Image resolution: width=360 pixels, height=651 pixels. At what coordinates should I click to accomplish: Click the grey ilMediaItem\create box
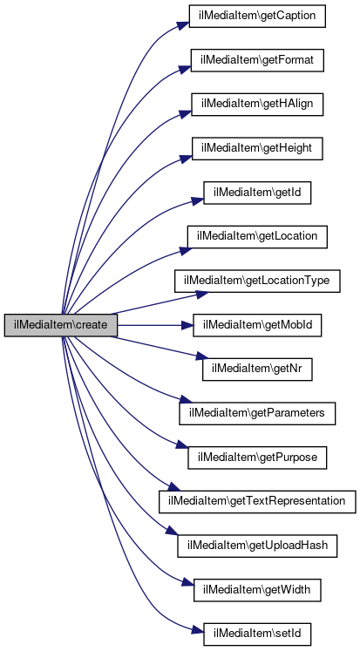tap(61, 325)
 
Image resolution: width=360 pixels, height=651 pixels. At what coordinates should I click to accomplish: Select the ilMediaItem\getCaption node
tap(257, 17)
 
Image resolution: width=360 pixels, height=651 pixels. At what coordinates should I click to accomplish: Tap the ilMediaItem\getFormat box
tap(257, 60)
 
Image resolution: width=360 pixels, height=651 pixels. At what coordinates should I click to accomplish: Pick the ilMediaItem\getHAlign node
tap(257, 105)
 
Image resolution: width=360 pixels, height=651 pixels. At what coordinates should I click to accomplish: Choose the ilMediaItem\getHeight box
tap(257, 148)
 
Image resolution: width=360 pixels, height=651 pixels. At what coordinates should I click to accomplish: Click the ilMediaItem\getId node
tap(257, 193)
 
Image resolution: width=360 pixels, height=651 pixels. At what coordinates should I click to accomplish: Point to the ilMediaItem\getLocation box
tap(257, 237)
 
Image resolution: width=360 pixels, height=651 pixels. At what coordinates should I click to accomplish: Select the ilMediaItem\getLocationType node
tap(257, 281)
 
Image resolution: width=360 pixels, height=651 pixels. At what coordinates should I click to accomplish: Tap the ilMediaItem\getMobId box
tap(257, 325)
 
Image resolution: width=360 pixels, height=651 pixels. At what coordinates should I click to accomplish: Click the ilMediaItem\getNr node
tap(257, 370)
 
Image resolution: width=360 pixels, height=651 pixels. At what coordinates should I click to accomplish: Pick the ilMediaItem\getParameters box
tap(257, 413)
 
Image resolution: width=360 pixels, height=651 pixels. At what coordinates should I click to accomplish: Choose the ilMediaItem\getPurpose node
tap(257, 458)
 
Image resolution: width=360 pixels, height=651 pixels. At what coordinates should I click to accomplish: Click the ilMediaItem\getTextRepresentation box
tap(257, 501)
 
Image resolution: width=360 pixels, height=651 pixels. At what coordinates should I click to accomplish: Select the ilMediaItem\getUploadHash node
tap(257, 546)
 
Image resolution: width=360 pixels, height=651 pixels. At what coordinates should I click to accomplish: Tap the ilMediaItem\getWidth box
tap(257, 589)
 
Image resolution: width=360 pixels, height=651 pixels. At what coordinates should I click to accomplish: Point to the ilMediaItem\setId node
tap(257, 634)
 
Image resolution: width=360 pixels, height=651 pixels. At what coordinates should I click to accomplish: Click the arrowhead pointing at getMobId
tap(187, 325)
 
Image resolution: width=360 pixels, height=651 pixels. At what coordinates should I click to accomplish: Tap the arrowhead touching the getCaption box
tap(184, 24)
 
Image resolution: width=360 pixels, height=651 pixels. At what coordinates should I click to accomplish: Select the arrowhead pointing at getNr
tap(201, 356)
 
